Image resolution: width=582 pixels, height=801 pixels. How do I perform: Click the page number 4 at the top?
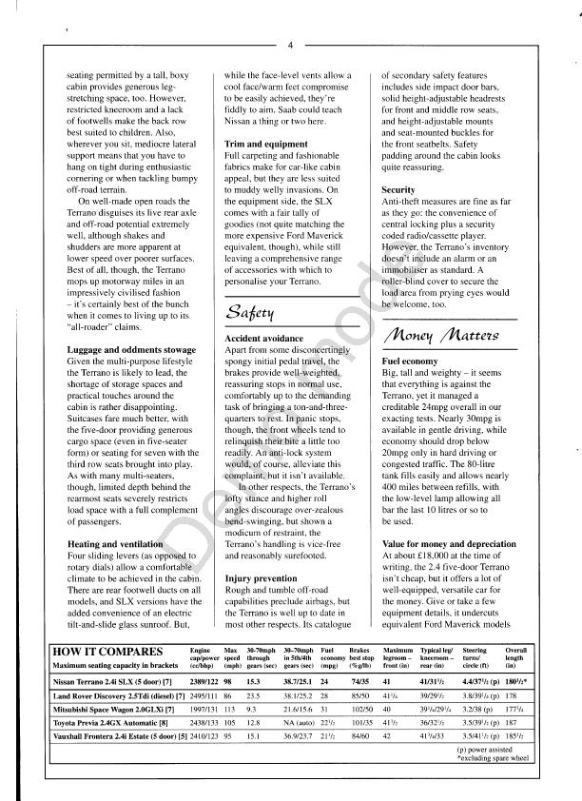(291, 45)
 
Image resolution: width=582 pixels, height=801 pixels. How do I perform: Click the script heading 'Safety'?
(249, 311)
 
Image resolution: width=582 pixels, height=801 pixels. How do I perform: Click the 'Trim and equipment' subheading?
(265, 143)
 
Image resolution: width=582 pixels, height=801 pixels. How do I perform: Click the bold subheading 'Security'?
(398, 190)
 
